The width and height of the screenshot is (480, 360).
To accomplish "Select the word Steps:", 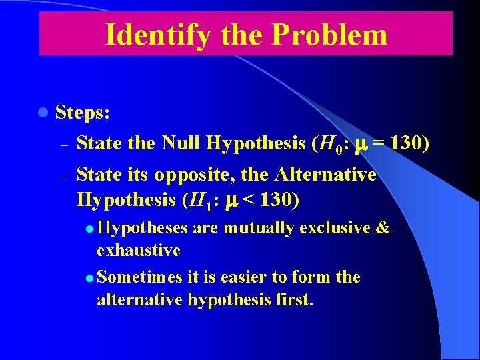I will pos(83,113).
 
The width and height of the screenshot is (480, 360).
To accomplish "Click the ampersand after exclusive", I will pos(383,228).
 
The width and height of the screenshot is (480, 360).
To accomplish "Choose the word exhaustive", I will pos(139,251).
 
